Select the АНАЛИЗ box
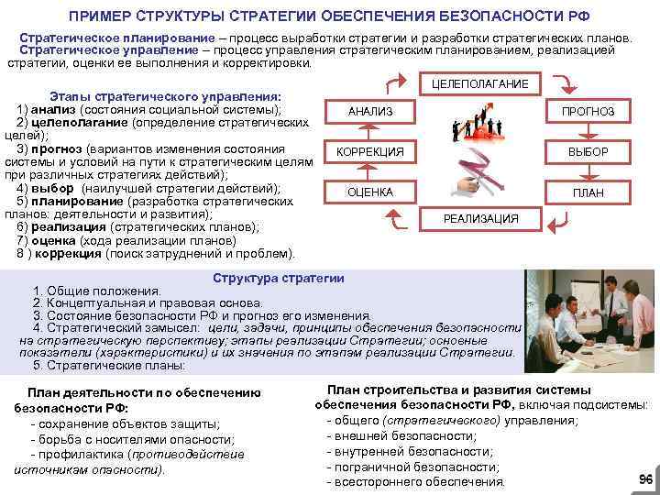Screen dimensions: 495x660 (x=370, y=112)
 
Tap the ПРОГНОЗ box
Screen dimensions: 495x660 (x=588, y=112)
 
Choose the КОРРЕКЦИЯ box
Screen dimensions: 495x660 (x=370, y=151)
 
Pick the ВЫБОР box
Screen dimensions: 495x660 (x=588, y=151)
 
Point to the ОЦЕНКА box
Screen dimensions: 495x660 (x=370, y=192)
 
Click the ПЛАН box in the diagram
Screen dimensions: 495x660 (x=588, y=192)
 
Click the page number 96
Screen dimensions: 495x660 (x=644, y=479)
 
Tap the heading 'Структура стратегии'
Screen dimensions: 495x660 (x=278, y=279)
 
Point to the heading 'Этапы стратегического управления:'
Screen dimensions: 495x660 (x=164, y=96)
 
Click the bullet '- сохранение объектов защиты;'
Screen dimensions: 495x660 (x=126, y=423)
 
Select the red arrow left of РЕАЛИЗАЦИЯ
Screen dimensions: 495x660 (x=395, y=217)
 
